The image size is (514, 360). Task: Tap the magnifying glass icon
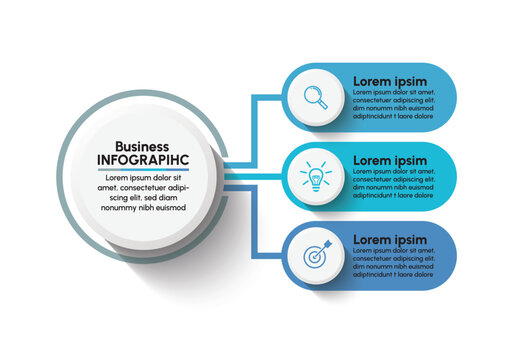(x=316, y=97)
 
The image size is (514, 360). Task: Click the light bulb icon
(x=316, y=177)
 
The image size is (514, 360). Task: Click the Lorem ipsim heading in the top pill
(x=390, y=81)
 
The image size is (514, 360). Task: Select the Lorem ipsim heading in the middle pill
(x=390, y=160)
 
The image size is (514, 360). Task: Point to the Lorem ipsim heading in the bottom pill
(x=390, y=240)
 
